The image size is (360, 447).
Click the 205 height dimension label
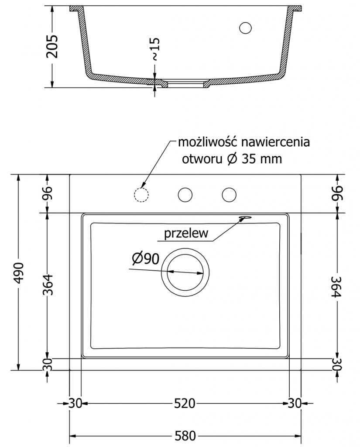[x=52, y=46]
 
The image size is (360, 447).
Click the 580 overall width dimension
[x=185, y=436]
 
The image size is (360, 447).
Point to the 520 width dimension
[x=185, y=403]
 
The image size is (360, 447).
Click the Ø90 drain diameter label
[x=145, y=259]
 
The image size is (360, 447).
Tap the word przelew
[x=186, y=234]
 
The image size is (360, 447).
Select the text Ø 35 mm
[x=255, y=159]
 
